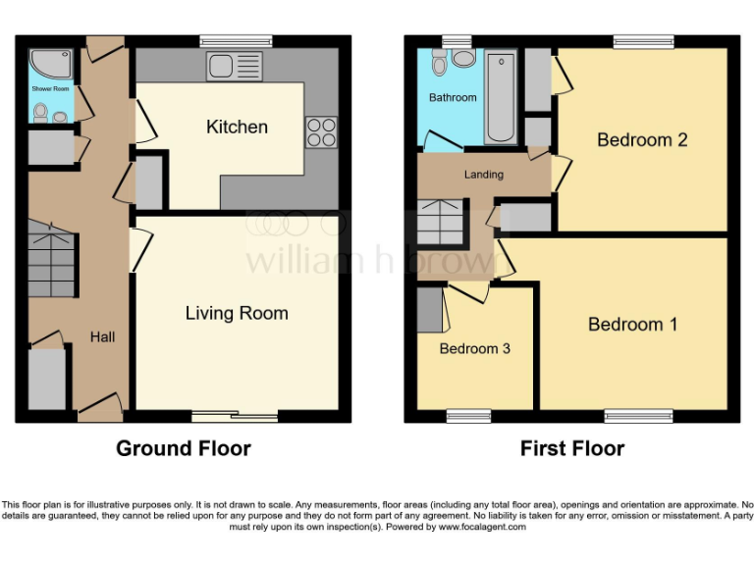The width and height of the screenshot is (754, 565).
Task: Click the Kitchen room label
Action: (x=237, y=127)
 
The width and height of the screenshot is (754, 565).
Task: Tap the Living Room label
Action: (x=237, y=313)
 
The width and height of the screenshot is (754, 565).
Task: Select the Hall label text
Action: (x=103, y=336)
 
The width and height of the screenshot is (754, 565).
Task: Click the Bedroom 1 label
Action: (x=632, y=325)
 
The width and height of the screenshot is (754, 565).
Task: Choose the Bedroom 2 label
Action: (x=642, y=139)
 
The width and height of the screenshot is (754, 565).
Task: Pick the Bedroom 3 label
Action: (x=474, y=348)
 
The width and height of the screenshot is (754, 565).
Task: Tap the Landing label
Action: (x=483, y=175)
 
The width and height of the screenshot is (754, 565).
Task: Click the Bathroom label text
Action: (x=453, y=97)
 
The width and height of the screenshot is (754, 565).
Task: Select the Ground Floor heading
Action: (x=184, y=448)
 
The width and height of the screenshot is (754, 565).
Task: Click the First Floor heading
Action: (x=572, y=448)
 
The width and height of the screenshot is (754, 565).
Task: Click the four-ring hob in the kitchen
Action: (x=321, y=131)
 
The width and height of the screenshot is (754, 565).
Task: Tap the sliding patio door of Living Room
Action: (x=235, y=415)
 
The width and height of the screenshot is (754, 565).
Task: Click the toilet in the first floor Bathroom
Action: (x=439, y=64)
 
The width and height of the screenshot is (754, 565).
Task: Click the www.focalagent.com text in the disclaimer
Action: (x=481, y=527)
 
